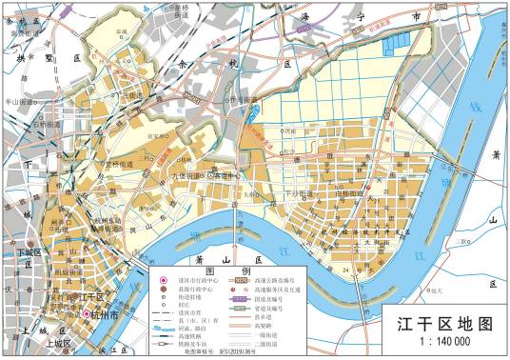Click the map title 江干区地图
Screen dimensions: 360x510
coord(446,324)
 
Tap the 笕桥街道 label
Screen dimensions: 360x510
coord(125,163)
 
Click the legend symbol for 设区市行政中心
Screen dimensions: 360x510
coord(160,281)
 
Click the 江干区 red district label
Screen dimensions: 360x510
coord(98,298)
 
